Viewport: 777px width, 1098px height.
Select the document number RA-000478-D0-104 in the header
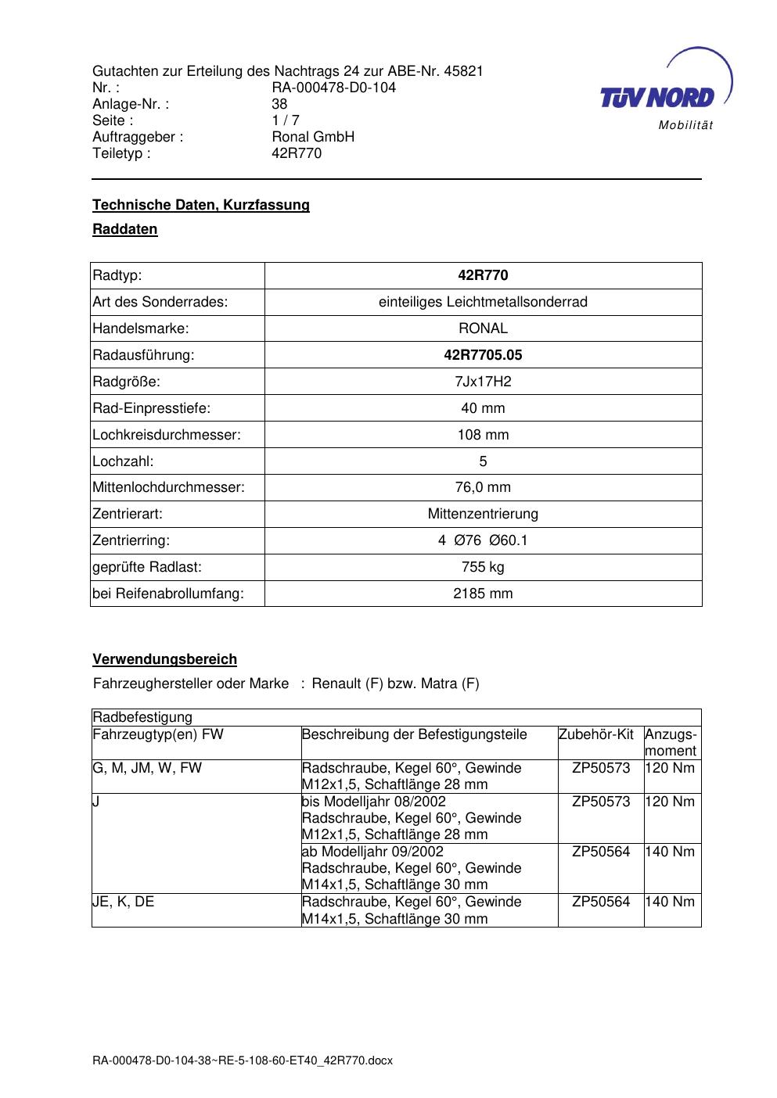[x=333, y=88]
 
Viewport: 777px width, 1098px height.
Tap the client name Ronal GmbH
[x=312, y=137]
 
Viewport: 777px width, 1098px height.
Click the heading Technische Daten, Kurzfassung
[x=201, y=205]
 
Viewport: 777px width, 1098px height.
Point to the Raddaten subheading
[x=125, y=229]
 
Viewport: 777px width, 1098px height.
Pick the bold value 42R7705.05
[x=483, y=355]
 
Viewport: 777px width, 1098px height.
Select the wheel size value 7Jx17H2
[x=483, y=382]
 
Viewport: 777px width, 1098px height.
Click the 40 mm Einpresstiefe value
[x=483, y=408]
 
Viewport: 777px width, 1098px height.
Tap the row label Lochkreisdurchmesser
[x=166, y=435]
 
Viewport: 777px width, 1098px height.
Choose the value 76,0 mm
[x=483, y=487]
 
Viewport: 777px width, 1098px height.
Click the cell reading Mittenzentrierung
[x=483, y=514]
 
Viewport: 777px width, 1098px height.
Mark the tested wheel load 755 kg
[x=483, y=567]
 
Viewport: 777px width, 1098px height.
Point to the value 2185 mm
[x=483, y=594]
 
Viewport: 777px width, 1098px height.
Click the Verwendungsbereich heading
[x=164, y=659]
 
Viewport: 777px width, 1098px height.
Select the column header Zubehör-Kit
[x=595, y=734]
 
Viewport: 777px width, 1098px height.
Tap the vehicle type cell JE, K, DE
[x=124, y=902]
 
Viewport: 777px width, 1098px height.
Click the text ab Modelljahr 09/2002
[x=372, y=852]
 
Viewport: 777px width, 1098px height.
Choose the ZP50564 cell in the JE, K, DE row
[x=600, y=902]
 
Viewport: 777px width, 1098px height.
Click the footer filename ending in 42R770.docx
[x=243, y=1061]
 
